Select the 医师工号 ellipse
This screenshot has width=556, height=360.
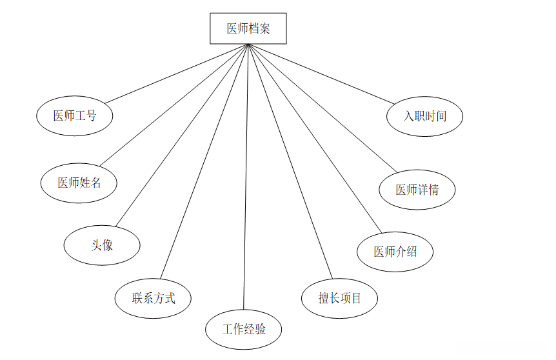click(x=75, y=116)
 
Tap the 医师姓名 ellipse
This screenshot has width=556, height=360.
click(x=79, y=183)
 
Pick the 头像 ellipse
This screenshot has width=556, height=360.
click(x=102, y=245)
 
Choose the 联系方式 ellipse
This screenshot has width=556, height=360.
click(x=153, y=298)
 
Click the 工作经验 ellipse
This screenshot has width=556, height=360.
click(x=244, y=330)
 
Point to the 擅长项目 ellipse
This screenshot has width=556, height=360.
click(x=339, y=298)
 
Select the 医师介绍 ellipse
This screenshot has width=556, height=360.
click(x=395, y=252)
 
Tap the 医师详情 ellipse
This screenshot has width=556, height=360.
click(x=417, y=190)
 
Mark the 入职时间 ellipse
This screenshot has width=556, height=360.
click(x=425, y=117)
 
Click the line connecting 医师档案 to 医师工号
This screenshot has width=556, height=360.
click(x=177, y=73)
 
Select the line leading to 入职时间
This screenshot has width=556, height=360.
click(x=321, y=73)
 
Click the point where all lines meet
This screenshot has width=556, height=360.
click(x=248, y=45)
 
